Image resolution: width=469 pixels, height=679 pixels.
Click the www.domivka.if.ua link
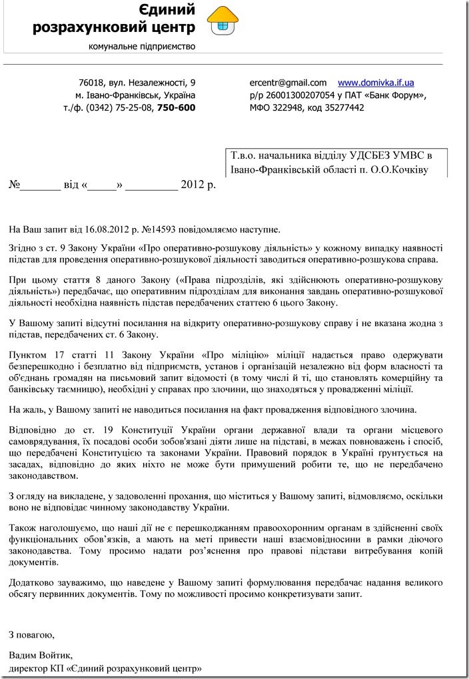[376, 83]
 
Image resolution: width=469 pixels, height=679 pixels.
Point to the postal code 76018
[91, 83]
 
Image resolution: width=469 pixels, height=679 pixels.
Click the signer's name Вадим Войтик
[40, 655]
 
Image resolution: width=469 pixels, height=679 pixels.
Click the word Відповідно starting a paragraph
[34, 425]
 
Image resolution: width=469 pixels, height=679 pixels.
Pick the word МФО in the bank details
[260, 107]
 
